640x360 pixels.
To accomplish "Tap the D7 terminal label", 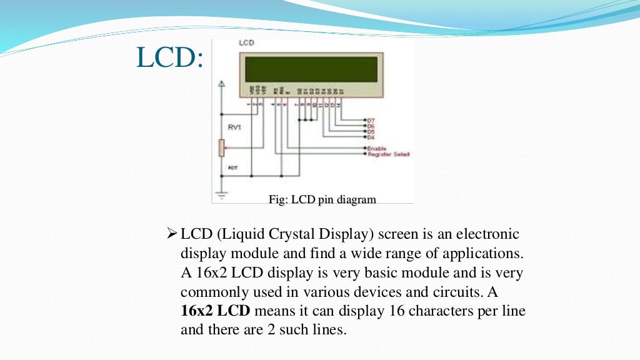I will click(x=371, y=119).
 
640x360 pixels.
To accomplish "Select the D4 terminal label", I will click(x=371, y=136).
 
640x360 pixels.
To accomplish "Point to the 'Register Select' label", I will click(x=388, y=154).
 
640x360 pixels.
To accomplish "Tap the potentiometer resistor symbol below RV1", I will click(x=221, y=148).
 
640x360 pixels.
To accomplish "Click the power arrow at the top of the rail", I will click(x=220, y=84).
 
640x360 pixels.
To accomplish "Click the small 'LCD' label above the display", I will click(x=246, y=44).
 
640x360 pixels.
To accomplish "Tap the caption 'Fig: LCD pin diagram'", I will click(x=322, y=200).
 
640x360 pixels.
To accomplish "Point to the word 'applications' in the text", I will click(x=481, y=254).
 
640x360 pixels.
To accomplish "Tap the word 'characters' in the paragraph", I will click(x=430, y=311).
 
